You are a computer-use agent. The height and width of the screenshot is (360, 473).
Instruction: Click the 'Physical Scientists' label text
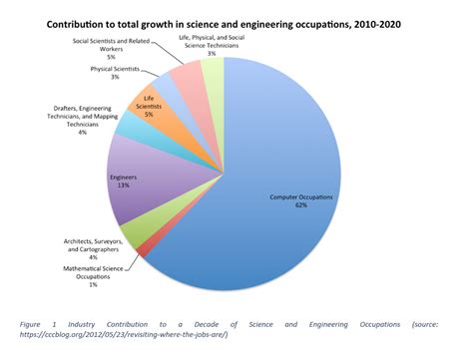tap(115, 69)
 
